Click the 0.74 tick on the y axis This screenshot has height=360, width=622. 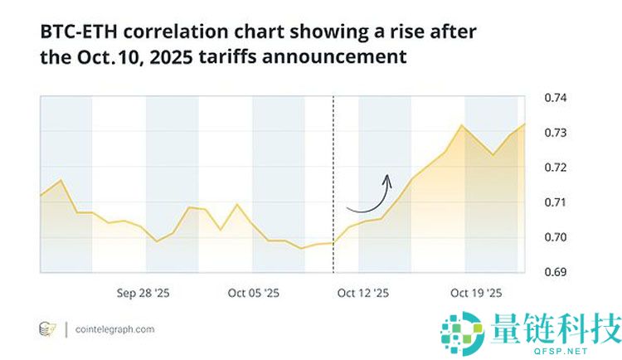point(555,98)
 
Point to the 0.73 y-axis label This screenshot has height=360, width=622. point(555,133)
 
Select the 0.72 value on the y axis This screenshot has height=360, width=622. point(555,168)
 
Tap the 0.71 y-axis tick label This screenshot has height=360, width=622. point(555,202)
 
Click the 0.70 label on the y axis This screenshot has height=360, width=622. point(555,237)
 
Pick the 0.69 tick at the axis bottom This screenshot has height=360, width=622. point(555,272)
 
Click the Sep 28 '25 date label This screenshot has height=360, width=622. point(143,293)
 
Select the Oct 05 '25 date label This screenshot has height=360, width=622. point(254,293)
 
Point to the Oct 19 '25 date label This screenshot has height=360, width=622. point(476,293)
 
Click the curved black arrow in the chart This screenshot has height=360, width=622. point(370,196)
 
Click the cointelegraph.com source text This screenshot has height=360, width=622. point(115,329)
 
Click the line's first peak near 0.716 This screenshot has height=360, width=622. point(61,180)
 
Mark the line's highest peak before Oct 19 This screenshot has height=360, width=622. point(462,125)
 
